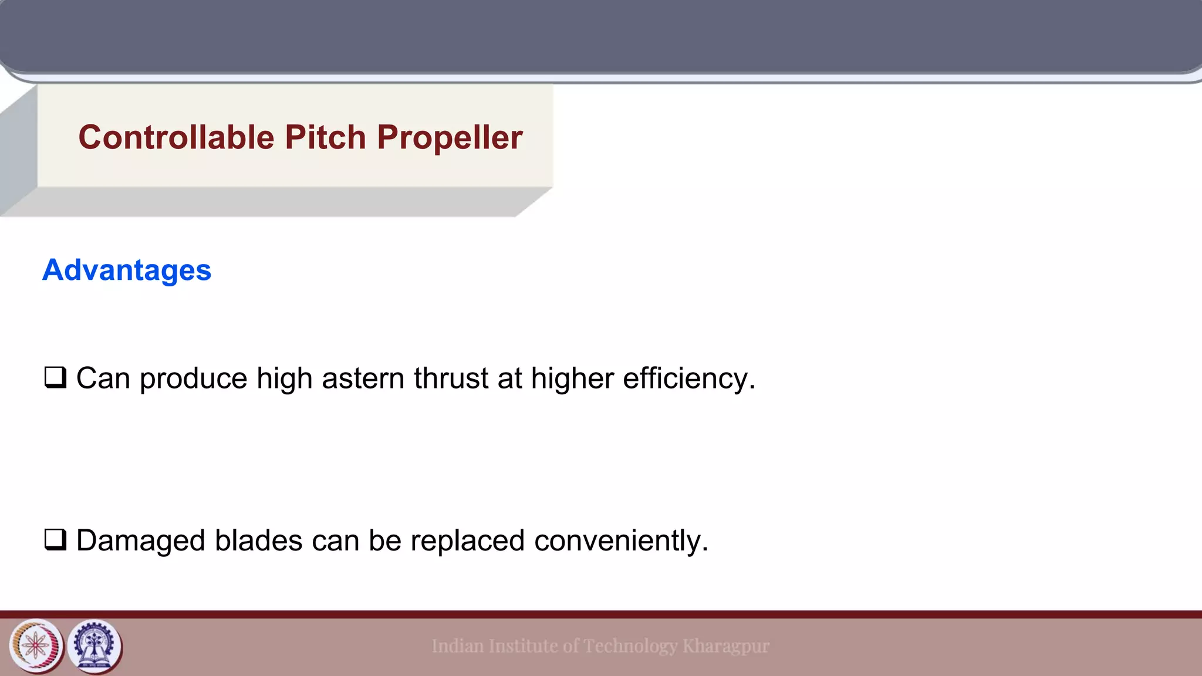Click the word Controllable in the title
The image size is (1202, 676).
[x=176, y=137]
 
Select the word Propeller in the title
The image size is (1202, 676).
[x=450, y=137]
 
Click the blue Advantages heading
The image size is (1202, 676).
[x=127, y=270]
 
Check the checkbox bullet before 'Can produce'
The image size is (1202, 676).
[x=55, y=377]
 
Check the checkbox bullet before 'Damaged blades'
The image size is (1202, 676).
[x=55, y=539]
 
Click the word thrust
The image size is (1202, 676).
[x=451, y=378]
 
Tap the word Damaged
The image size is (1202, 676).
[x=140, y=540]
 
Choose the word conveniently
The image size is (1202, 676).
[x=621, y=540]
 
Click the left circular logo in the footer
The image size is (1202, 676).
[x=36, y=646]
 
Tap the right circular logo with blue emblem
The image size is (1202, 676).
[x=94, y=646]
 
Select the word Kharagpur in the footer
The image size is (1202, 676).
[x=726, y=646]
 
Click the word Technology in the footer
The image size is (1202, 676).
[x=630, y=646]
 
